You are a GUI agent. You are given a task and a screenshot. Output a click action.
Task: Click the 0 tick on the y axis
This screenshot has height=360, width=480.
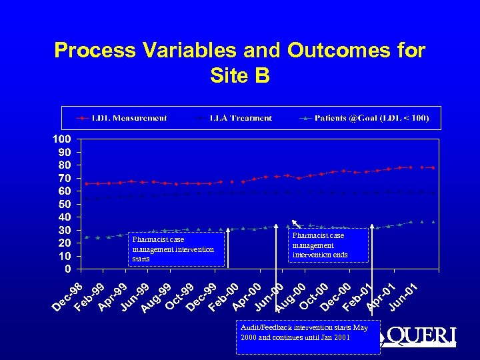click(x=68, y=269)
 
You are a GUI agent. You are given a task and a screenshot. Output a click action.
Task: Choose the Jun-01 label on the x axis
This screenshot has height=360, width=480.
click(x=403, y=297)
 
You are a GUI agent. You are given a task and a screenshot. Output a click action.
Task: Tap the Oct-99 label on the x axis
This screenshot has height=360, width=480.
click(x=179, y=297)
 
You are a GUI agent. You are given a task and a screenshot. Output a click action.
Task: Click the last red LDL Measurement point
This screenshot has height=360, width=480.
click(x=433, y=167)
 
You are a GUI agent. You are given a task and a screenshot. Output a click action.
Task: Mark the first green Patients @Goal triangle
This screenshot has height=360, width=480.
click(x=87, y=237)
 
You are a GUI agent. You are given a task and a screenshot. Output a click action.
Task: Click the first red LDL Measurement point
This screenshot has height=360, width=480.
click(x=87, y=183)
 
